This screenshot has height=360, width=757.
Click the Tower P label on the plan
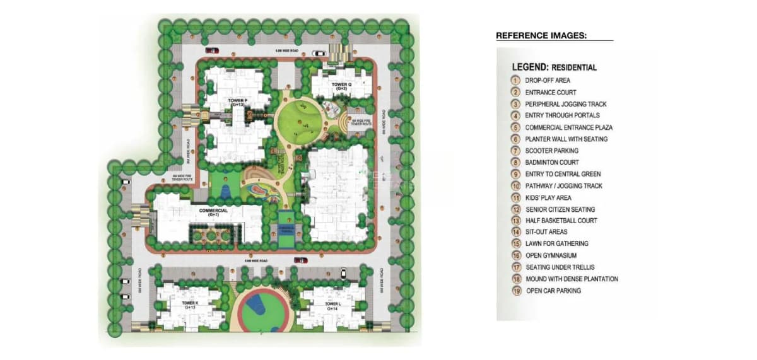[x=238, y=101]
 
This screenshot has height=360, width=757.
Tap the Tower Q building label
[x=341, y=86]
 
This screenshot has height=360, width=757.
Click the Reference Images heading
[x=541, y=36]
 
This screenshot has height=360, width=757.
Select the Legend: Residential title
[x=554, y=67]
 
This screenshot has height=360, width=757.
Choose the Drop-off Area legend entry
[x=547, y=81]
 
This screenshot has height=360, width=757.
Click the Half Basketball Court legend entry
[x=561, y=221]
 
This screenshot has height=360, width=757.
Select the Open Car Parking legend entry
[x=553, y=291]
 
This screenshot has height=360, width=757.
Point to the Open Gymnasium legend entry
[x=551, y=255]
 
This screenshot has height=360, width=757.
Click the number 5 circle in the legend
[x=516, y=127]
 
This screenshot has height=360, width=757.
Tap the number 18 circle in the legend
[x=517, y=279]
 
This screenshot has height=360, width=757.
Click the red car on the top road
[x=213, y=50]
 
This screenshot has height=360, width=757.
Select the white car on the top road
[x=319, y=54]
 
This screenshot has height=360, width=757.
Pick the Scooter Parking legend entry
[x=551, y=151]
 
